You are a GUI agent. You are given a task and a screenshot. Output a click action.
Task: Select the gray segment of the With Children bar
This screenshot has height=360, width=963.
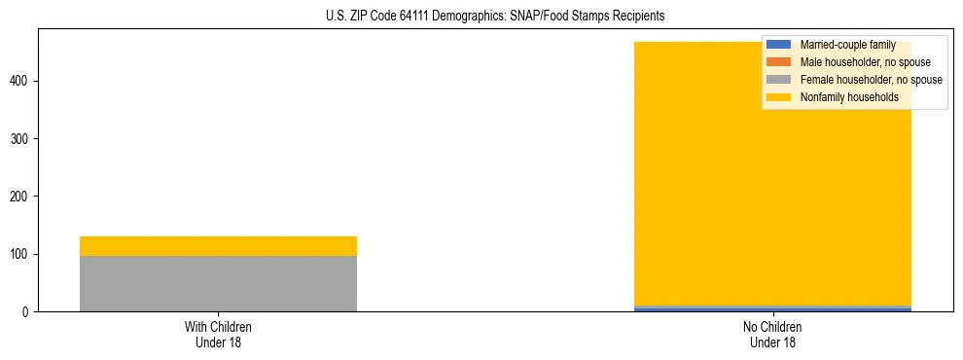218,283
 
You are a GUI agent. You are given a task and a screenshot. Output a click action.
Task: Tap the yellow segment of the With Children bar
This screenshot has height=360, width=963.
218,246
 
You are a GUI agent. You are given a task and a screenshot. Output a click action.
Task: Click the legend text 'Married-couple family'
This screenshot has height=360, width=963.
847,45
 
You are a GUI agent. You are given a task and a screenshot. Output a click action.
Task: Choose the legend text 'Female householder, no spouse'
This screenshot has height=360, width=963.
871,80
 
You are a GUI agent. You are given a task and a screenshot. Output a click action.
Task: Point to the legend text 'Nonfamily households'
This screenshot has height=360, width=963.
849,97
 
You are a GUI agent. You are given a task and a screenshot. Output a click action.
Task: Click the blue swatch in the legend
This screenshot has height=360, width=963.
779,45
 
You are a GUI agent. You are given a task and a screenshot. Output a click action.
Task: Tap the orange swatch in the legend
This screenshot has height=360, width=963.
779,62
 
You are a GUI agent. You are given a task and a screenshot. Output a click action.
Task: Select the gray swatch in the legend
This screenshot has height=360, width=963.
779,80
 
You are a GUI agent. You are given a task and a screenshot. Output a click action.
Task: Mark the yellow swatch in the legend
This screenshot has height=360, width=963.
779,97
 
